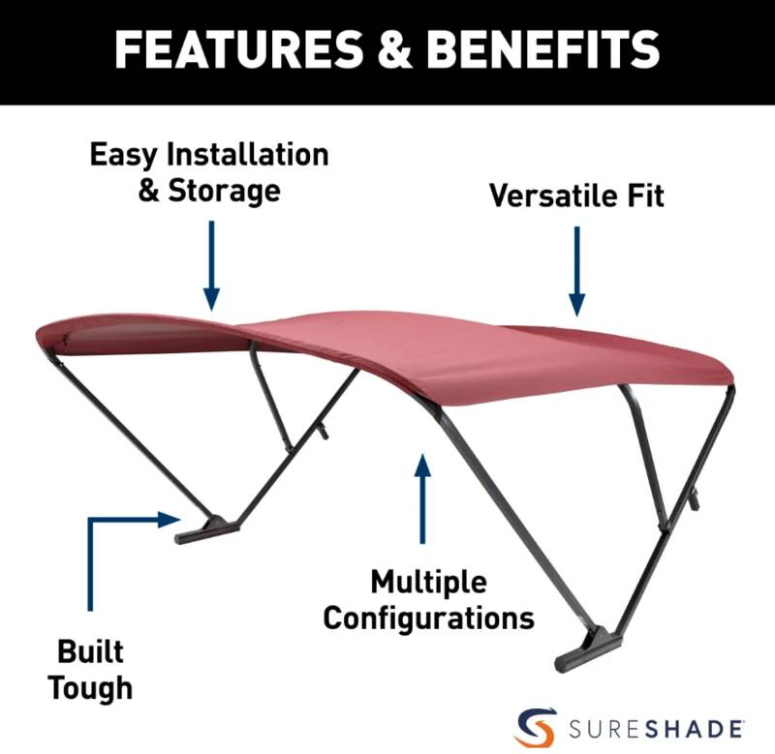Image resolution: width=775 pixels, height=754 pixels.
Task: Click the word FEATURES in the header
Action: [x=238, y=49]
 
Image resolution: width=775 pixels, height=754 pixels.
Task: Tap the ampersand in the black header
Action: [x=395, y=49]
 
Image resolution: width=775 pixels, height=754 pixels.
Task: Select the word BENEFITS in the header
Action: [x=543, y=49]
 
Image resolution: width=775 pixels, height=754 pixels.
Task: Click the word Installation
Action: [x=248, y=154]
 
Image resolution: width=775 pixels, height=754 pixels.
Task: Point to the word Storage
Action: [x=225, y=191]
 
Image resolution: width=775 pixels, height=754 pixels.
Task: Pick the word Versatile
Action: [x=553, y=196]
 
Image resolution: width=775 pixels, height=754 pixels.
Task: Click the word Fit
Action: [x=646, y=196]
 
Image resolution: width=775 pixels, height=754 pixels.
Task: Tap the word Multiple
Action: [x=428, y=583]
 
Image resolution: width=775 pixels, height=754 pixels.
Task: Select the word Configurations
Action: [x=428, y=618]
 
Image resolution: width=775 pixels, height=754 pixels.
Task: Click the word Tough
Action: [x=90, y=688]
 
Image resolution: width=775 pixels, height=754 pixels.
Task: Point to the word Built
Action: [x=90, y=651]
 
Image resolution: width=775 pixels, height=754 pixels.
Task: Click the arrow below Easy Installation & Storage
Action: [x=211, y=265]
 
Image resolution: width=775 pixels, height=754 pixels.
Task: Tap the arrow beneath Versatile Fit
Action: [x=576, y=271]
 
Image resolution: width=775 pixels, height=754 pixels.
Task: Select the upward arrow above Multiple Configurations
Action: [x=422, y=498]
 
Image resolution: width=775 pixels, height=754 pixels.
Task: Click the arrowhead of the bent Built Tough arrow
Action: [x=169, y=520]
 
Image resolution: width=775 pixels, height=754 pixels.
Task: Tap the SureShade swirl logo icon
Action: [x=536, y=727]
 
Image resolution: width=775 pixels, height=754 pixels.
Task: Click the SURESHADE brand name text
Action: [x=656, y=729]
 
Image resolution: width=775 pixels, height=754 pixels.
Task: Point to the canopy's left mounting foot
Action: [x=206, y=529]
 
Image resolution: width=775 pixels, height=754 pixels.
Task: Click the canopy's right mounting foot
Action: [x=588, y=648]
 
